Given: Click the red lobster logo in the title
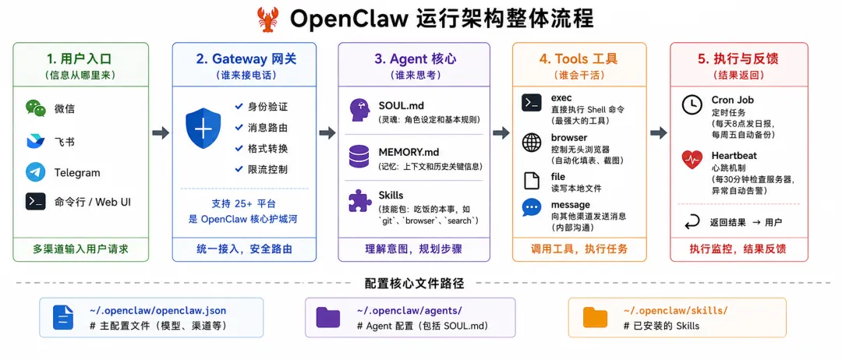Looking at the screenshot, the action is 267,19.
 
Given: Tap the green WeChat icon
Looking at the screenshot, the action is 35,108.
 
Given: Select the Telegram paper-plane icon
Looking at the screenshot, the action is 35,173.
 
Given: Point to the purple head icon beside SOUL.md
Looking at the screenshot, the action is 359,110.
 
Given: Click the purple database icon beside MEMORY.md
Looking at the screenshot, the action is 359,157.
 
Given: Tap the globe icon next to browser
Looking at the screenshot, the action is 532,143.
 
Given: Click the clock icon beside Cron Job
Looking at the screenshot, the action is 692,104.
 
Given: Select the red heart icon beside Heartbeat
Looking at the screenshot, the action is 692,160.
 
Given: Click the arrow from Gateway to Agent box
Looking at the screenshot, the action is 327,133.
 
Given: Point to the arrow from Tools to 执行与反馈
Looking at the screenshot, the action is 658,133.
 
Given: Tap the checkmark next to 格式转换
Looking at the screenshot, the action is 239,148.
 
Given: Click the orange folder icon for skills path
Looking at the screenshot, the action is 596,317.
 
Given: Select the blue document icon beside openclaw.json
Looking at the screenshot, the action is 63,317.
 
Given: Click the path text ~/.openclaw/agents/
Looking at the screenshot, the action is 409,311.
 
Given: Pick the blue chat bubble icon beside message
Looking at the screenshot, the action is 532,207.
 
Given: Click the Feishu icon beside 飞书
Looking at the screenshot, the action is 35,141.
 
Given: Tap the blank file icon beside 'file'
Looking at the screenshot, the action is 532,181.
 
